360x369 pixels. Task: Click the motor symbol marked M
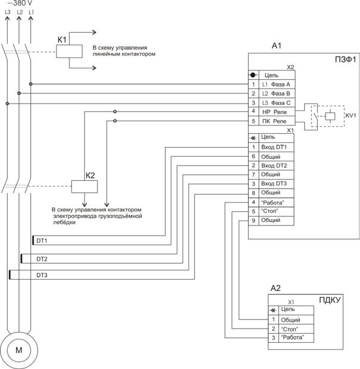18,351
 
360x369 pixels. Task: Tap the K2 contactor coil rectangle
83,186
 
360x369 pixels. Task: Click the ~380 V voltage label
20,4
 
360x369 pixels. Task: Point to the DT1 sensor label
42,241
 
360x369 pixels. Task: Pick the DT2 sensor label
42,259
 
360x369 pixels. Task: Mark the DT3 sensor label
42,276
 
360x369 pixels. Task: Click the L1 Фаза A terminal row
276,85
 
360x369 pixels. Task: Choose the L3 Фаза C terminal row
276,103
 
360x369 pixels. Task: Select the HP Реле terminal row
276,112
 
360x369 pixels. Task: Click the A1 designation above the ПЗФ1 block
277,45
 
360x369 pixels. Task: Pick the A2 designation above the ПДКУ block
276,289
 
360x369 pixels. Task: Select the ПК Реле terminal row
276,121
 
